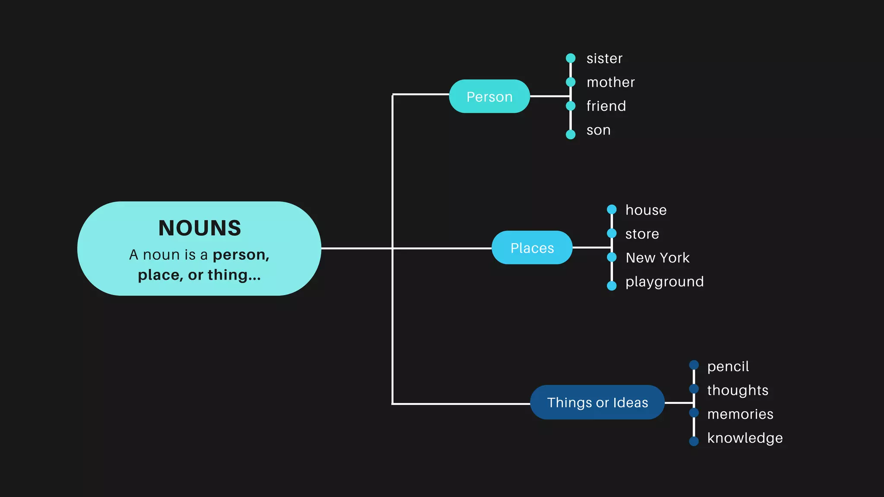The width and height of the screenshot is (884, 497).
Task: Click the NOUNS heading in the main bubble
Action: click(199, 228)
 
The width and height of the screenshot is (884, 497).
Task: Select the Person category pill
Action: click(489, 97)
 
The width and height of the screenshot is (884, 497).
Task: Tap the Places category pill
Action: click(532, 248)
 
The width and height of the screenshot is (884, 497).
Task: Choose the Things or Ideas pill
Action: click(597, 402)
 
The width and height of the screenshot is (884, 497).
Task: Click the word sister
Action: click(604, 59)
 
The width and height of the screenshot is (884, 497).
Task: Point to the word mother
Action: click(610, 82)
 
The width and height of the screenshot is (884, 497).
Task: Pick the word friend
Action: click(606, 106)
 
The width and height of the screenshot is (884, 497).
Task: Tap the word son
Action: click(598, 130)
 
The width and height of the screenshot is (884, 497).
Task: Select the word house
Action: click(646, 210)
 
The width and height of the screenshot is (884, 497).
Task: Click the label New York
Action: click(657, 258)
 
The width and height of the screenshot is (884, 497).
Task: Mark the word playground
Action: click(664, 282)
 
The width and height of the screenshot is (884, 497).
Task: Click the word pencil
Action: click(728, 367)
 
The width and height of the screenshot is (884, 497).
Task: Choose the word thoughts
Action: click(737, 390)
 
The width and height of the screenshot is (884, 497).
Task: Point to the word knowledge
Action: click(745, 438)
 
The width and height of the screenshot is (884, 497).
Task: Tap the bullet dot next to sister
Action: click(571, 58)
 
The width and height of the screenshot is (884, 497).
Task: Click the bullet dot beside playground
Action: click(612, 286)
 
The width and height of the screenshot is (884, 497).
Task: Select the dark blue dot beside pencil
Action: click(694, 365)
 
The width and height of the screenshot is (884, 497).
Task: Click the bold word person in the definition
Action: click(241, 255)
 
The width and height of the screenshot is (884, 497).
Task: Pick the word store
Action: click(642, 234)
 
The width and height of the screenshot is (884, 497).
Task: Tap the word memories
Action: click(740, 414)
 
